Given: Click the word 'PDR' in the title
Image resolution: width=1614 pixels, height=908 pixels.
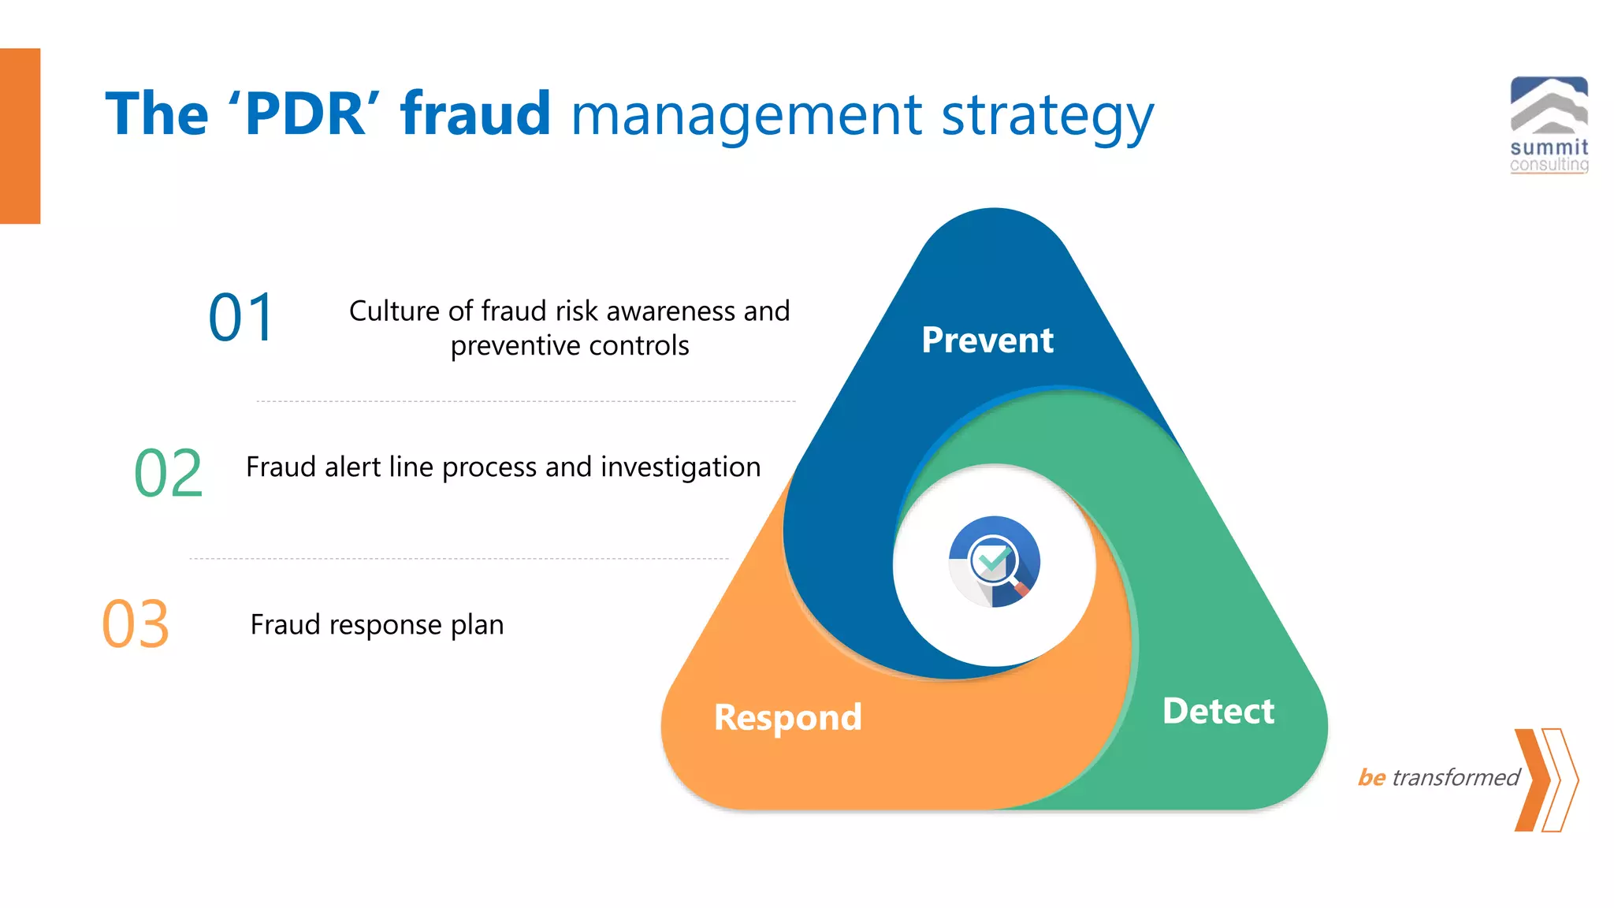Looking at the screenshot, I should pos(303,114).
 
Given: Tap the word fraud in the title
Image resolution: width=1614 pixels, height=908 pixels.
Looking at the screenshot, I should pos(475,114).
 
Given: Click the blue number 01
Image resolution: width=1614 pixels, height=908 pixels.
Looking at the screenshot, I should pos(241,318).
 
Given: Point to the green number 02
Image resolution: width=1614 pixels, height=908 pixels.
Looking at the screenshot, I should pos(169,473).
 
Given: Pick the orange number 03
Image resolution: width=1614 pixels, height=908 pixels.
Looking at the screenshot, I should pos(136,624).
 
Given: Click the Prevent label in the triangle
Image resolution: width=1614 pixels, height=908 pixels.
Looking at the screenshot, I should pos(987,340).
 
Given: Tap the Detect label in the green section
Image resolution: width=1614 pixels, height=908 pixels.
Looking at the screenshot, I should pos(1218,711).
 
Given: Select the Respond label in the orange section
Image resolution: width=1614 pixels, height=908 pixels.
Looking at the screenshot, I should pos(787,717).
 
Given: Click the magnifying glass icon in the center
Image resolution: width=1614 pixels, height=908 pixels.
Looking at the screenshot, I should pos(994,562).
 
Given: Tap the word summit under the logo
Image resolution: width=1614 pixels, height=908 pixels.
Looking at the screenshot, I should pos(1549,147).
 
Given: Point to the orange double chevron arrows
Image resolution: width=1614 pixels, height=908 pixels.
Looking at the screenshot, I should pos(1546,780).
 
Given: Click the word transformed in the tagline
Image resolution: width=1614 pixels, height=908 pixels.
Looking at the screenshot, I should pos(1455,778).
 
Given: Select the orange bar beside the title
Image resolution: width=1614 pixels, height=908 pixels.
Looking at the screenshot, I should pos(20,136).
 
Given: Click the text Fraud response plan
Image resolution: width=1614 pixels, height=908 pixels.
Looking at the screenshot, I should pos(377,625).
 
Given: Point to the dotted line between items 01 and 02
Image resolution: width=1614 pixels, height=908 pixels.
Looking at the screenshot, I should pos(526,401).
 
